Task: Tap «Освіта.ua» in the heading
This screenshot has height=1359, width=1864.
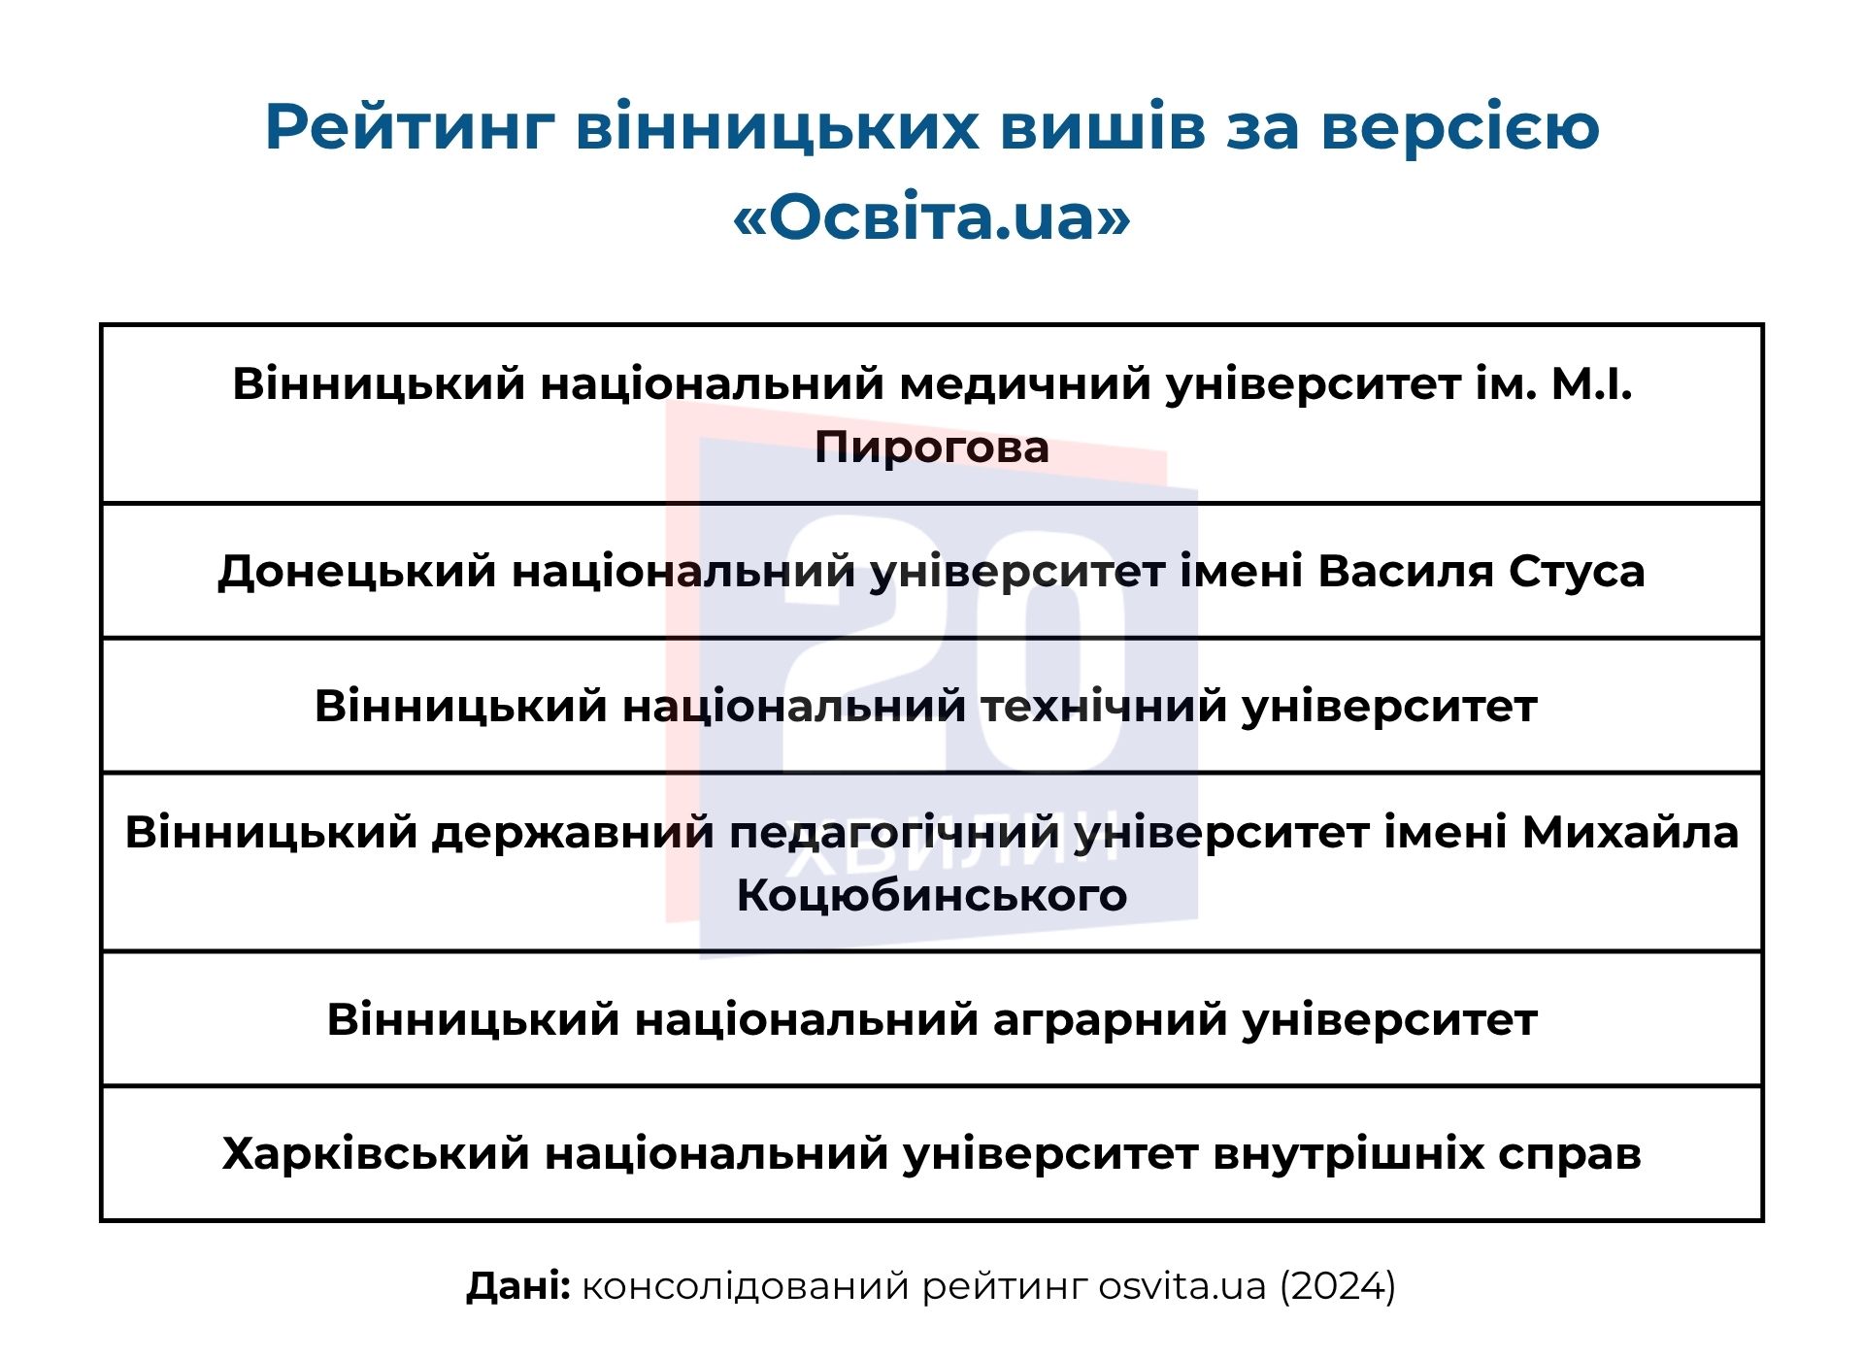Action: (x=932, y=216)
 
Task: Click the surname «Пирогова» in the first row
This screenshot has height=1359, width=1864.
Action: (x=932, y=447)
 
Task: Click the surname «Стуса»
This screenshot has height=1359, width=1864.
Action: (x=1577, y=571)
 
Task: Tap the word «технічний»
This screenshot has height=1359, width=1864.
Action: (x=1104, y=706)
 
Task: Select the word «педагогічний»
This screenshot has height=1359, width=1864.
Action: (x=894, y=832)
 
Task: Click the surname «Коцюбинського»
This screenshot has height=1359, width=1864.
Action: (x=932, y=895)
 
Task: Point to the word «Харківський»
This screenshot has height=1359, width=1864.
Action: (x=375, y=1154)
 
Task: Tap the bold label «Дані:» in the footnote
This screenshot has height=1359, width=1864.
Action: (x=518, y=1286)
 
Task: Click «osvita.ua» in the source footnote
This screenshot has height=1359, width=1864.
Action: (x=1182, y=1286)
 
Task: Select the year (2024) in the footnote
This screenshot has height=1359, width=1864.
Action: (x=1337, y=1286)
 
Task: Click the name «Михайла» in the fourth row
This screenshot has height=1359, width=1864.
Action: (x=1630, y=832)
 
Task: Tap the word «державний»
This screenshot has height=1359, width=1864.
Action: (x=573, y=832)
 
